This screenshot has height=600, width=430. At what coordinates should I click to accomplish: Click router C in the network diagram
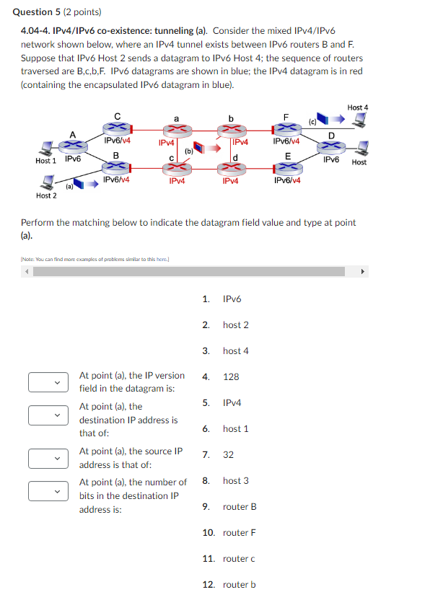pyautogui.click(x=117, y=128)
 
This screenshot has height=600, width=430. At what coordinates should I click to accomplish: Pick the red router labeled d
pyautogui.click(x=231, y=168)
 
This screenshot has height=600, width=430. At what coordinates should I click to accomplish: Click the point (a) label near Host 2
pyautogui.click(x=70, y=186)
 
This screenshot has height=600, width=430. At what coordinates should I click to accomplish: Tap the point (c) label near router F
pyautogui.click(x=312, y=123)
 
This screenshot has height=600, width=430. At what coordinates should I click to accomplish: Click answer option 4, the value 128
pyautogui.click(x=231, y=376)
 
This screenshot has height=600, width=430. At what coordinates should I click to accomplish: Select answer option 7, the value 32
pyautogui.click(x=228, y=454)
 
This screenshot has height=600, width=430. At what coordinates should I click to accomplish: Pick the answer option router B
pyautogui.click(x=240, y=506)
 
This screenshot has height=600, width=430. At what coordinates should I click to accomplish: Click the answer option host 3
pyautogui.click(x=236, y=480)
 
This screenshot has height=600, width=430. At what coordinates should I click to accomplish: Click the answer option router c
pyautogui.click(x=239, y=558)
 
